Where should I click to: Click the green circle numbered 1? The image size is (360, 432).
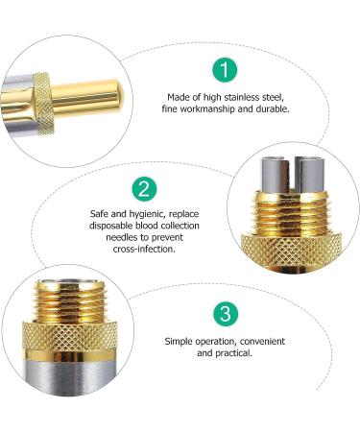click(x=225, y=70)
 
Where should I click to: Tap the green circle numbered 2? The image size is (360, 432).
click(x=145, y=189)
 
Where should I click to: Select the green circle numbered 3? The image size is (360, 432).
click(x=226, y=313)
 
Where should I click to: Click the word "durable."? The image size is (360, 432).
click(x=273, y=108)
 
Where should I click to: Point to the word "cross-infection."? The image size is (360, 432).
click(x=144, y=249)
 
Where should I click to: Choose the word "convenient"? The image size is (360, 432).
click(x=262, y=342)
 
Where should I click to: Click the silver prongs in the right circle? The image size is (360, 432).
click(x=290, y=175)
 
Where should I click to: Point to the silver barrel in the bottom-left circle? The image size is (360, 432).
click(x=69, y=373)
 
